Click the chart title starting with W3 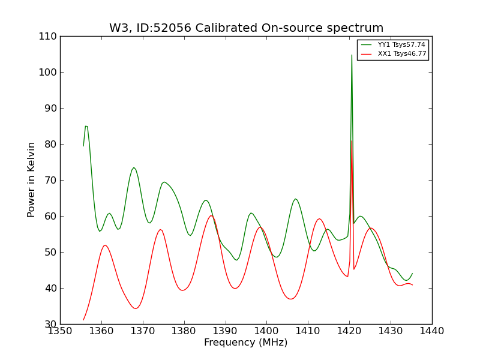246,28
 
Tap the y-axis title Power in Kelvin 32,179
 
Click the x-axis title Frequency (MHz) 246,343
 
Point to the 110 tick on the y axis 50,36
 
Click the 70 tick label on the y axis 50,180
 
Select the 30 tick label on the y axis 50,324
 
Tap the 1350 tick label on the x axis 60,331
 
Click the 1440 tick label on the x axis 432,331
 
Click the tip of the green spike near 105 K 352,55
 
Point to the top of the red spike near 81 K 352,140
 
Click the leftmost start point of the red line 83,320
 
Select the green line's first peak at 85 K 86,126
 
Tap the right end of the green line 412,274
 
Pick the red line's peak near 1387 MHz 211,216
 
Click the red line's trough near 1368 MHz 136,308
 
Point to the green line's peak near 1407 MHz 295,199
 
